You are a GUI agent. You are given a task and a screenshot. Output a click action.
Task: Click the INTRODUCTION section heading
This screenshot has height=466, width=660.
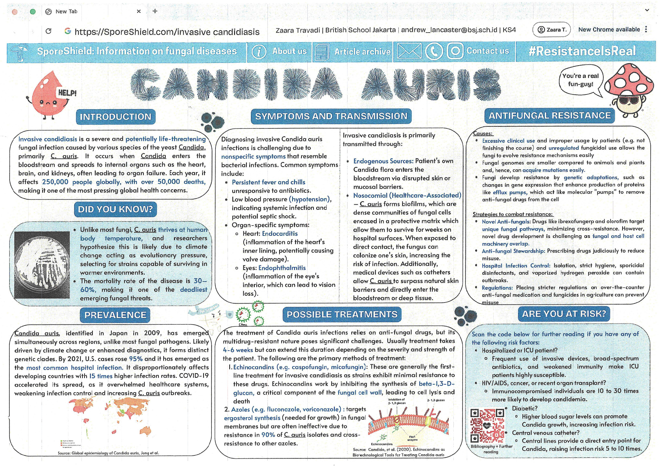click(115, 117)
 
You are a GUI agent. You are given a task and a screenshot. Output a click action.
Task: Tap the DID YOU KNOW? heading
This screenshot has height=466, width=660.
click(115, 209)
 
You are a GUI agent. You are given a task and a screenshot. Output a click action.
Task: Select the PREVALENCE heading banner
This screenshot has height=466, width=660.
click(115, 315)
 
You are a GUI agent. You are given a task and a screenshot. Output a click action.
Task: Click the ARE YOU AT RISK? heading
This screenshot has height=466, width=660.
click(564, 314)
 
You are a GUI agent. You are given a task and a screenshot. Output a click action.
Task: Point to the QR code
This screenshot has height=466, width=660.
click(487, 426)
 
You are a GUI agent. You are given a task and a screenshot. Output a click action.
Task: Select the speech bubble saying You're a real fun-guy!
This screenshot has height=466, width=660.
click(581, 80)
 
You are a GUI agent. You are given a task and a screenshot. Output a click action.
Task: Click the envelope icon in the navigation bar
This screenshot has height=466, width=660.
click(409, 51)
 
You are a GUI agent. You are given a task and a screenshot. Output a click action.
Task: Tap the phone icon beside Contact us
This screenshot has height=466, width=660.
click(434, 51)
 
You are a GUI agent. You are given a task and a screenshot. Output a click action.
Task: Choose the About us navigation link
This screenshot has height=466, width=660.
click(289, 51)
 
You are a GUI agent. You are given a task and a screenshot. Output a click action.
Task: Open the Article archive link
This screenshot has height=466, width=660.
click(362, 52)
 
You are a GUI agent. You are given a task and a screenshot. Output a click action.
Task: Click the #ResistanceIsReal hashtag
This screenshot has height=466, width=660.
click(582, 51)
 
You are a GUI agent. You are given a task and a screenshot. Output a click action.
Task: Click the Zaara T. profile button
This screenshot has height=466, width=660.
click(551, 30)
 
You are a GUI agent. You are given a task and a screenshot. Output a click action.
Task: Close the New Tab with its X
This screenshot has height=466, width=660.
click(139, 11)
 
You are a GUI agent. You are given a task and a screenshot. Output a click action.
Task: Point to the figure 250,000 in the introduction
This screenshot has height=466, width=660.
click(55, 182)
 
